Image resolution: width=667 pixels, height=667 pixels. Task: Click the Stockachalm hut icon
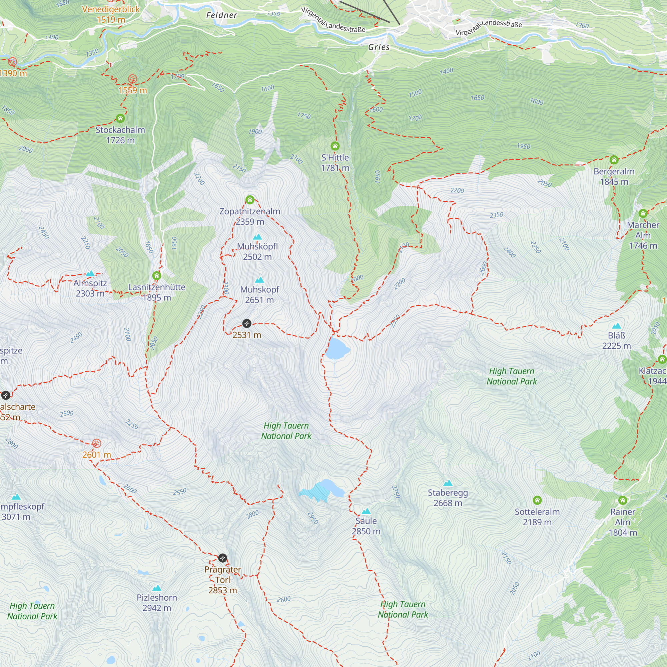(x=120, y=119)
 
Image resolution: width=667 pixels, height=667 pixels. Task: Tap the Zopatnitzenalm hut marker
(x=250, y=200)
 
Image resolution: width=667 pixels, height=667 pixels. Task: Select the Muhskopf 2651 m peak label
(x=259, y=294)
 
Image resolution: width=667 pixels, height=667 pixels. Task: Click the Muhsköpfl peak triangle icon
(x=257, y=237)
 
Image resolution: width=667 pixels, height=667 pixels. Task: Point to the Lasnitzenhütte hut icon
(x=157, y=275)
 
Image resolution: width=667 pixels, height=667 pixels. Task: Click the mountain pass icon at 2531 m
(x=246, y=323)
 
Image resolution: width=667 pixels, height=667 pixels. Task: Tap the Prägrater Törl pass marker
(x=223, y=558)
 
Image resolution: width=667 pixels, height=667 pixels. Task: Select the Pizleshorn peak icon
(x=157, y=588)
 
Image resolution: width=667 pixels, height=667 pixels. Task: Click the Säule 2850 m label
(x=366, y=526)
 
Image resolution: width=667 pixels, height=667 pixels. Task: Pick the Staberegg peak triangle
(x=448, y=483)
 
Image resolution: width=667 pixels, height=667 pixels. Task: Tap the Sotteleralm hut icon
(x=537, y=500)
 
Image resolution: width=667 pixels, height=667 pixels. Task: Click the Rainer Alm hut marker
(x=622, y=500)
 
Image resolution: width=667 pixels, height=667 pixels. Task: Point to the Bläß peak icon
(x=616, y=326)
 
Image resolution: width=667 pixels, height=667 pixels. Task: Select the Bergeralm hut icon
(x=614, y=160)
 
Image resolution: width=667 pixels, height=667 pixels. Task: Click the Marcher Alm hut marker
(x=643, y=213)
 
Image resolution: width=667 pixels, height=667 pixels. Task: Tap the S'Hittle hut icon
(x=335, y=146)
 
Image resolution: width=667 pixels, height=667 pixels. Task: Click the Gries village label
(x=379, y=47)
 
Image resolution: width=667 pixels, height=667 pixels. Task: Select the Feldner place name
(x=222, y=15)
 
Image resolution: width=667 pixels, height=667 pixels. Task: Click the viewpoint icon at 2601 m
(x=97, y=443)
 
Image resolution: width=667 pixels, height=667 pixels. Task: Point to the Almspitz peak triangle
(x=90, y=273)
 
